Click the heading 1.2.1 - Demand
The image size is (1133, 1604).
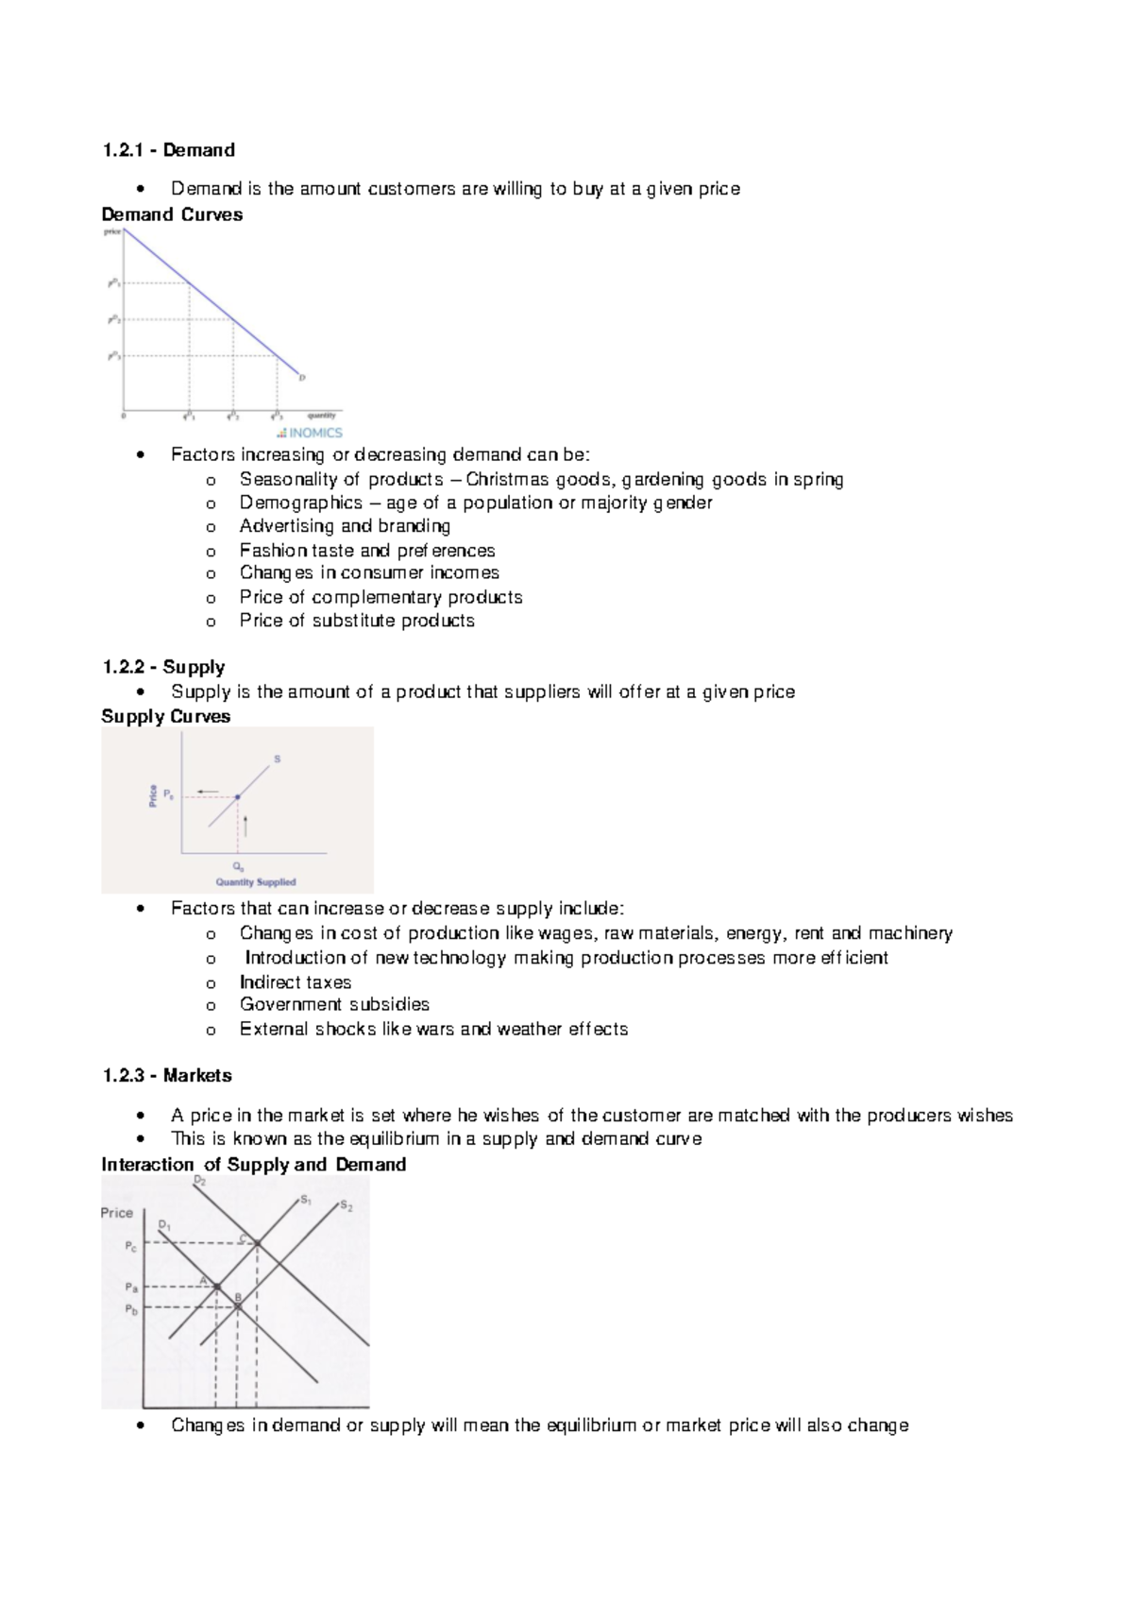point(169,150)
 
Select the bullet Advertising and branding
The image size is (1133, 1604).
point(345,526)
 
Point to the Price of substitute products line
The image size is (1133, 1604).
point(357,621)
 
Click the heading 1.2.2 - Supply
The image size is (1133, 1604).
point(163,667)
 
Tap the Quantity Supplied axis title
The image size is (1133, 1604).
point(256,882)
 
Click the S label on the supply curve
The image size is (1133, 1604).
point(278,759)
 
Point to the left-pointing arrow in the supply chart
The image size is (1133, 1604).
point(208,792)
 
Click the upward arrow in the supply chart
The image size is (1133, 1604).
point(245,826)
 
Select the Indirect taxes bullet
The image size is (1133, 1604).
point(296,982)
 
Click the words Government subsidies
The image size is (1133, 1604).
point(334,1004)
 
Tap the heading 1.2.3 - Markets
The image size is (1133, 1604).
point(167,1075)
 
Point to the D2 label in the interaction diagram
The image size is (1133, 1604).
point(200,1181)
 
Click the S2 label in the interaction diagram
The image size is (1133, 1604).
point(347,1206)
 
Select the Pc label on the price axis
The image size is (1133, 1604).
point(131,1247)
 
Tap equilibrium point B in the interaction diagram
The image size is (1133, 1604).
point(238,1306)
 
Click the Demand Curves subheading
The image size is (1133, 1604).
point(172,214)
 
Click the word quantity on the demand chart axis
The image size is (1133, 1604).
point(322,415)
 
